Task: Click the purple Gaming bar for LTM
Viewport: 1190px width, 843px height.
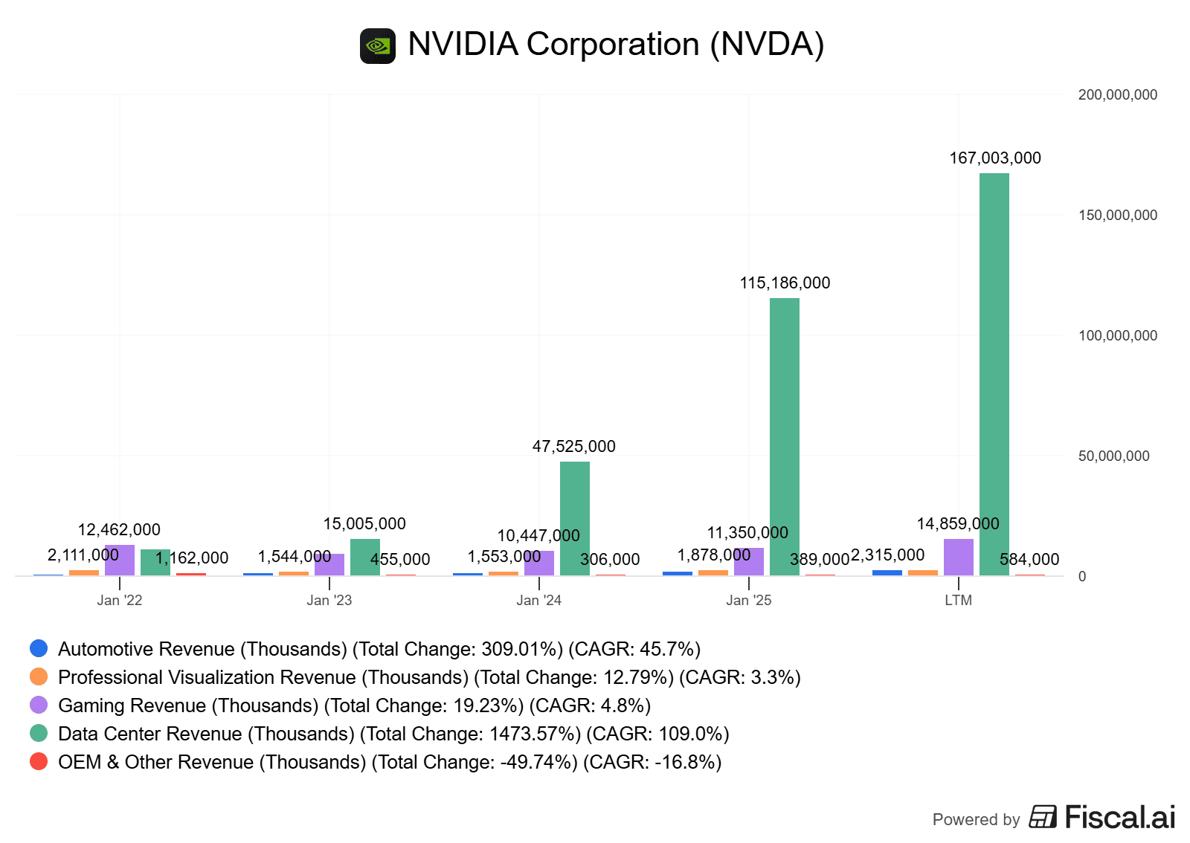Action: pos(958,557)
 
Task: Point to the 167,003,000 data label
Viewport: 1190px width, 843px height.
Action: pos(994,158)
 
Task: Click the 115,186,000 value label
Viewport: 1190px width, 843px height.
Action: pos(785,282)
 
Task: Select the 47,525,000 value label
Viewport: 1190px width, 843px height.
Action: pos(573,446)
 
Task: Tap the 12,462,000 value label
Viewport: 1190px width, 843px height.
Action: pos(119,529)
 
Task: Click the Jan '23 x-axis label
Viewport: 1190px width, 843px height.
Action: pos(329,600)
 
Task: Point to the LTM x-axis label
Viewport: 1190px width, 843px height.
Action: pos(958,600)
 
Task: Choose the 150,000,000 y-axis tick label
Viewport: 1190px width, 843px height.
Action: pos(1117,215)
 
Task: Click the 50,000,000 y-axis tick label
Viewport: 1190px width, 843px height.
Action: pos(1113,456)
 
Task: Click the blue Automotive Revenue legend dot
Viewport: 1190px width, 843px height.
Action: pos(39,648)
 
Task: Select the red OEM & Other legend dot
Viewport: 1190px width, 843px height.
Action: pos(39,761)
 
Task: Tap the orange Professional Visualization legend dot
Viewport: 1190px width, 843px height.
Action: pos(39,676)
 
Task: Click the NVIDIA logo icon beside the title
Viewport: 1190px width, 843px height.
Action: pos(378,46)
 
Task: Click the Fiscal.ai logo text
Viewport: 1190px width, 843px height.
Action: pos(1119,817)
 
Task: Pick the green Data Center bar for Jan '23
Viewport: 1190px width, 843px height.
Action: pos(364,557)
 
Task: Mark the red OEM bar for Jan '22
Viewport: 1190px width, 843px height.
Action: pos(191,574)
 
